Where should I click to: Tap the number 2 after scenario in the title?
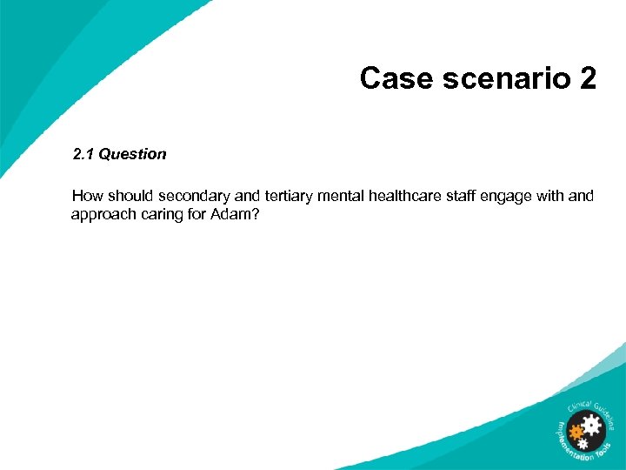tap(586, 79)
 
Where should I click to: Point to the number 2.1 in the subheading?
tap(83, 154)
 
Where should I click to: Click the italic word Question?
tap(132, 154)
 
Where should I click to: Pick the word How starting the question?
tap(87, 196)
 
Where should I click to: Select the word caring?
tap(163, 213)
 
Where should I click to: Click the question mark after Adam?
tap(255, 213)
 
